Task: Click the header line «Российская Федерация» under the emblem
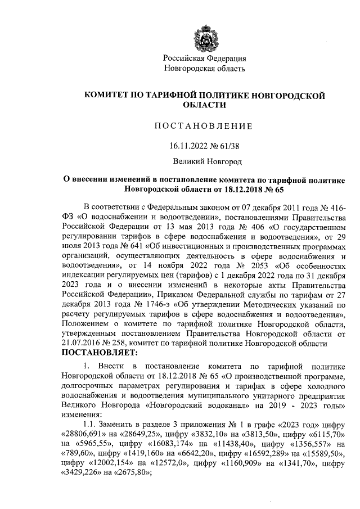204,58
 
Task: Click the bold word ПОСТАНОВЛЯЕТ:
99,353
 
